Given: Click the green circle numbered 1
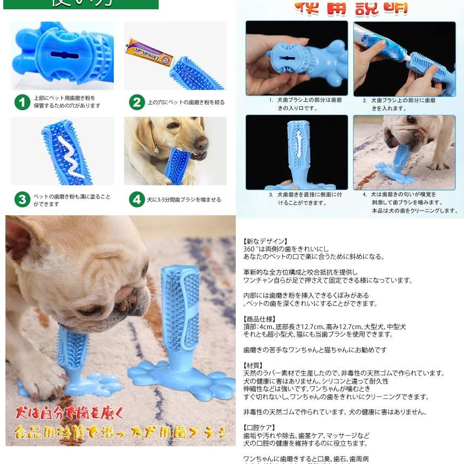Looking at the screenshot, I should pos(22,102).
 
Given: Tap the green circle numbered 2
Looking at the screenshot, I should pos(137,102).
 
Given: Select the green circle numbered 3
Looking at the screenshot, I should pos(22,200).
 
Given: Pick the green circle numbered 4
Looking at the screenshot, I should pos(137,200).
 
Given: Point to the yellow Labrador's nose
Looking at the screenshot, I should pos(201,143).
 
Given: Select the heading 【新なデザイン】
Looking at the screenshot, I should pos(265,241).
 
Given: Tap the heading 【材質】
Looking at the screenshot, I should pos(255,365).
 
